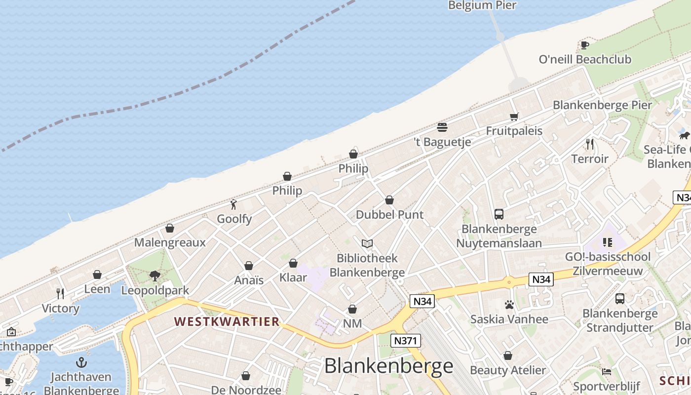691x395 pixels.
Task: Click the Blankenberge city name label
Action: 388,366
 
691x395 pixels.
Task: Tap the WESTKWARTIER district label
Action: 227,321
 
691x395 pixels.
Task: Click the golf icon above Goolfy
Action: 234,204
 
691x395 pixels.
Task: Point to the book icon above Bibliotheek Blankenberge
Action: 367,243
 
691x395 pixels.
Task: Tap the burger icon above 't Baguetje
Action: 442,127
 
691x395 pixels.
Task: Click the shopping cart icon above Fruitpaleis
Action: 514,117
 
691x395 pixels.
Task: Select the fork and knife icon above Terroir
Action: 589,144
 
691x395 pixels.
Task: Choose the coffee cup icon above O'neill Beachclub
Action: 585,45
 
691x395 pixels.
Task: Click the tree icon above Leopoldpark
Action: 155,276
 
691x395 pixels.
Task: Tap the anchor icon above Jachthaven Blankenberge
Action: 81,363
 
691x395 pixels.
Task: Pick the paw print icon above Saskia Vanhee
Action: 509,305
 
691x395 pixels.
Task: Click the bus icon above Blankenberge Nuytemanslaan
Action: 499,214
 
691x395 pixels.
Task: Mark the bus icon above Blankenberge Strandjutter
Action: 620,299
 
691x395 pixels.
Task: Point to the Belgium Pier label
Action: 482,5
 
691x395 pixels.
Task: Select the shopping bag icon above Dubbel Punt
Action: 389,200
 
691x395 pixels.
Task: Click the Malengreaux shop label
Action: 170,242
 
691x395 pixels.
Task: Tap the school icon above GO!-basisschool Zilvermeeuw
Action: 608,242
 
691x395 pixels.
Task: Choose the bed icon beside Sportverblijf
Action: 607,372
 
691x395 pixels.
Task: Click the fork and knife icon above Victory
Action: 60,294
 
